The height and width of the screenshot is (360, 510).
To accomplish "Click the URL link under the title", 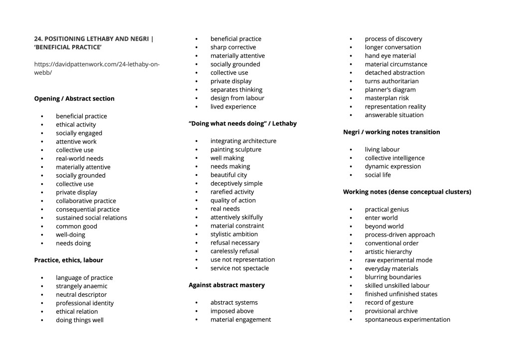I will click(97, 68).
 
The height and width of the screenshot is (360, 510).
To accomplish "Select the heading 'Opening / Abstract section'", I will click(74, 99).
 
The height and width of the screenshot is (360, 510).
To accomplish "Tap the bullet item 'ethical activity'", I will click(76, 124).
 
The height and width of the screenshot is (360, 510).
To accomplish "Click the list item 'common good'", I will click(76, 226).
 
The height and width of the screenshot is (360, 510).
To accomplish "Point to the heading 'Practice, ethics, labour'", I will click(68, 260).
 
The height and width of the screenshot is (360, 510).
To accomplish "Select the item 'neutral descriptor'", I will click(81, 294).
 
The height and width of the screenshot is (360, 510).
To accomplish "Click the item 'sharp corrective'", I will click(233, 47).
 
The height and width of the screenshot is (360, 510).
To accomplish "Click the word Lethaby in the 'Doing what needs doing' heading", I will click(284, 123).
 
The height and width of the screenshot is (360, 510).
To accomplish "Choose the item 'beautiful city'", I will click(229, 175).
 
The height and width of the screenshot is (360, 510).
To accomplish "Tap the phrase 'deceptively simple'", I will click(236, 183).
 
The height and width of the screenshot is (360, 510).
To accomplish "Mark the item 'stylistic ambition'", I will click(234, 234).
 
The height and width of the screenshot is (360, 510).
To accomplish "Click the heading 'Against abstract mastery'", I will click(227, 285).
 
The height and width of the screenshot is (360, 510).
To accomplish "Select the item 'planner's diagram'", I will click(390, 90).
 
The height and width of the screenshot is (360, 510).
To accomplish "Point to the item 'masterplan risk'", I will click(386, 98).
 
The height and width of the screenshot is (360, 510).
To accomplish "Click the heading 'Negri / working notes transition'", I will click(391, 132).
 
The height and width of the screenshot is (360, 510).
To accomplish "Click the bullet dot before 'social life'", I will click(351, 175).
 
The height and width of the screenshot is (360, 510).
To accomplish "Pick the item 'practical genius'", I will click(386, 209).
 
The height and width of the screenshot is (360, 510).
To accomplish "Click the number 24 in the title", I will click(38, 38).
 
